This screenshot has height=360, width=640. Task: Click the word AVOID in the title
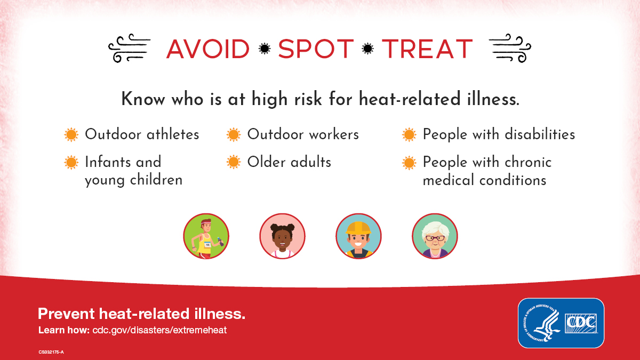coord(208,49)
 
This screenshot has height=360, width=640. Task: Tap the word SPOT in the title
coord(316,49)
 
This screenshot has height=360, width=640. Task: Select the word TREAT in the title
coord(427,49)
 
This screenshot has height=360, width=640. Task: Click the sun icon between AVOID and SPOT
coord(264,49)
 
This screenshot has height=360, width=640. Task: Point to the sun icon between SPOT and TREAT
coord(367,49)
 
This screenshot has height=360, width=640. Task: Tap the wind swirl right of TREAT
coord(509,49)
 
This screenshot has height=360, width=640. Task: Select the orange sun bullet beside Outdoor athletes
coord(71,134)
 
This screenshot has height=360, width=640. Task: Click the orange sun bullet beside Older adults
coord(234,162)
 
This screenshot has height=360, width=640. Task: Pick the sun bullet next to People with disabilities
coord(409,134)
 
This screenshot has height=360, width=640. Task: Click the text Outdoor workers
coord(303,134)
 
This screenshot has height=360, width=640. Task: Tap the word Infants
coord(108,162)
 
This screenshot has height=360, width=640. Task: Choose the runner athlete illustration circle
coord(206,236)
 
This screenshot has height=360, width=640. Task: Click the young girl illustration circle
coord(282,236)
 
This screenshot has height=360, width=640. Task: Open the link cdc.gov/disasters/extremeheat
coord(159,330)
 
